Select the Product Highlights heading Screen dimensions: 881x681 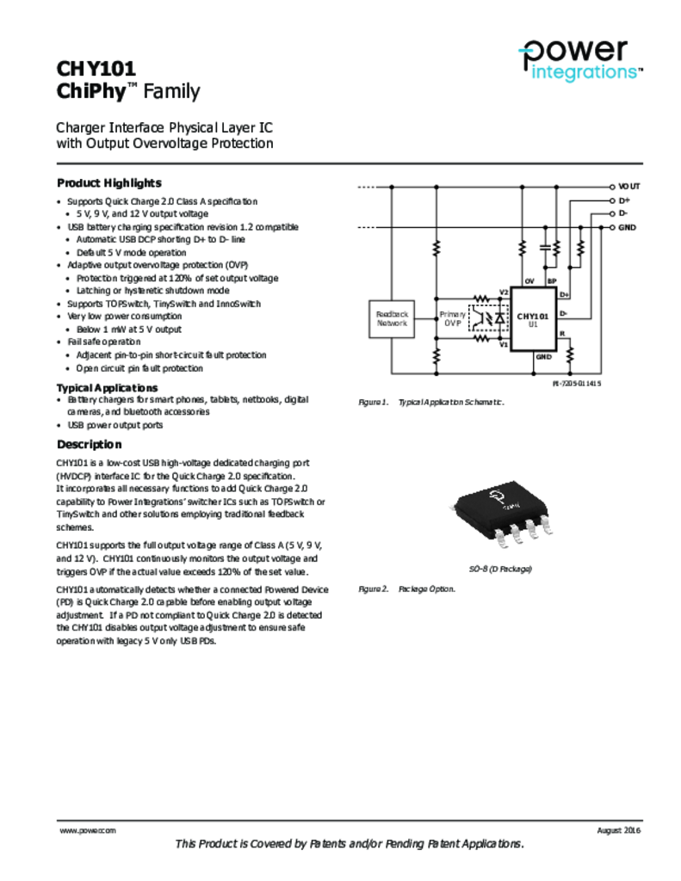pyautogui.click(x=108, y=183)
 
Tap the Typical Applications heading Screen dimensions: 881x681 pyautogui.click(x=107, y=388)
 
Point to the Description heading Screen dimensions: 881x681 pyautogui.click(x=89, y=445)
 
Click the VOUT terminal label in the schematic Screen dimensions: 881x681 pyautogui.click(x=628, y=186)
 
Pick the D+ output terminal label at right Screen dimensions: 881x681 pyautogui.click(x=624, y=200)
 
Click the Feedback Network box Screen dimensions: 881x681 pyautogui.click(x=391, y=318)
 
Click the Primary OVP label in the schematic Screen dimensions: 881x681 pyautogui.click(x=453, y=319)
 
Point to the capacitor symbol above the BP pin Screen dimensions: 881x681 pyautogui.click(x=544, y=249)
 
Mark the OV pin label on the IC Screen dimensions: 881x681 pyautogui.click(x=529, y=281)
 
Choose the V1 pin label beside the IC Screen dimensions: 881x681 pyautogui.click(x=505, y=344)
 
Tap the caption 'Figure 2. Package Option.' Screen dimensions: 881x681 pyautogui.click(x=406, y=589)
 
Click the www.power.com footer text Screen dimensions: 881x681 pyautogui.click(x=87, y=830)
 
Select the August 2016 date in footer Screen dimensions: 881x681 pyautogui.click(x=618, y=830)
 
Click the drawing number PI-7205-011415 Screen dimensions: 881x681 pyautogui.click(x=577, y=384)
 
